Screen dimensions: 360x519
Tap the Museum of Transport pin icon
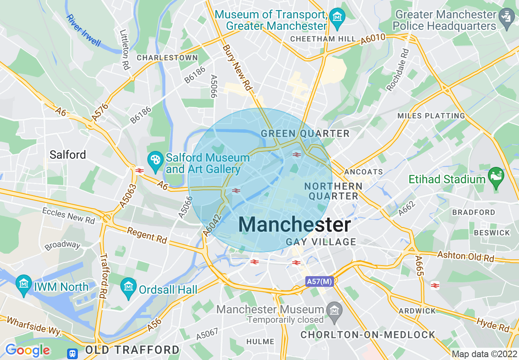(x=338, y=17)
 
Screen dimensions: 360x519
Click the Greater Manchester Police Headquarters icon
(x=507, y=17)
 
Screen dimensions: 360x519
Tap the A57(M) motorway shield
(x=319, y=281)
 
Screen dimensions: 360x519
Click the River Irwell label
(x=83, y=30)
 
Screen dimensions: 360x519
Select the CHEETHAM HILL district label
(x=323, y=39)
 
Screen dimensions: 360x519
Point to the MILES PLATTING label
(x=431, y=116)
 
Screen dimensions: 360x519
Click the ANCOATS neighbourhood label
(x=364, y=172)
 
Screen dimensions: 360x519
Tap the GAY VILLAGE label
(x=321, y=242)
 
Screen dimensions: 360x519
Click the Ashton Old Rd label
(x=466, y=257)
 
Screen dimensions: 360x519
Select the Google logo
(x=27, y=350)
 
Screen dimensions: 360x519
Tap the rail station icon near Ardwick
(x=435, y=286)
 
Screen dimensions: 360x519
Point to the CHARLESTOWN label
(x=167, y=58)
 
